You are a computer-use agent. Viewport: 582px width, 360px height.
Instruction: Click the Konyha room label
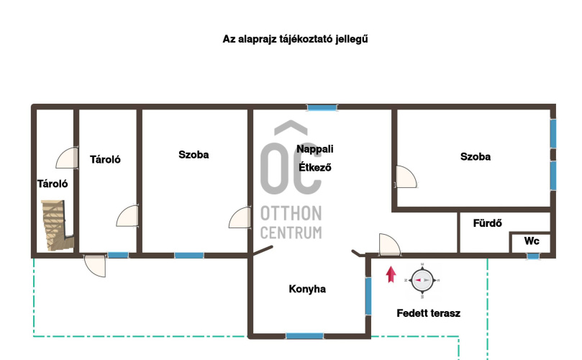[x=307, y=289]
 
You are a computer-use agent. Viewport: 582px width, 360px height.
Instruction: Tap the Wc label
[x=532, y=241]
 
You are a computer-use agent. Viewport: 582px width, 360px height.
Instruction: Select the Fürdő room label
[x=487, y=223]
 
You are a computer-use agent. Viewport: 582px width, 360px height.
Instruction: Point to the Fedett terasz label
[x=428, y=313]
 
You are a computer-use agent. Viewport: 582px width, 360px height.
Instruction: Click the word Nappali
[x=315, y=149]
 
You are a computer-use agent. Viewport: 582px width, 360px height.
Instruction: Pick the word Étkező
[x=315, y=168]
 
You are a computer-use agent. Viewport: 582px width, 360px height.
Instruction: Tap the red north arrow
[x=391, y=274]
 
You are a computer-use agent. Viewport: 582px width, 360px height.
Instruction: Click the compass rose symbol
[x=422, y=280]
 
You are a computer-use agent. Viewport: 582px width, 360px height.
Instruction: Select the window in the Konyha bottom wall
[x=304, y=336]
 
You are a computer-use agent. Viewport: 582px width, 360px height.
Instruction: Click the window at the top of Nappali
[x=322, y=108]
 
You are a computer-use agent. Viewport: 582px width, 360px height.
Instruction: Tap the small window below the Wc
[x=533, y=256]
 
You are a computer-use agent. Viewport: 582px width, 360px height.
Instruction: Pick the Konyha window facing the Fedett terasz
[x=368, y=296]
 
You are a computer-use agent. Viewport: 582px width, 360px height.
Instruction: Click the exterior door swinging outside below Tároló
[x=95, y=265]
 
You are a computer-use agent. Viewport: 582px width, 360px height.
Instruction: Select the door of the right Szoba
[x=405, y=177]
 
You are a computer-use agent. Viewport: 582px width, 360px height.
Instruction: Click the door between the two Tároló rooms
[x=67, y=158]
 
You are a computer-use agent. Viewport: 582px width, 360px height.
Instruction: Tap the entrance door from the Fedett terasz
[x=390, y=245]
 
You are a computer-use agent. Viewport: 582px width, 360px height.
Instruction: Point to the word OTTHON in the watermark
[x=291, y=214]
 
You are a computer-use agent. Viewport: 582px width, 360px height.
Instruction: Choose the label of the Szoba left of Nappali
[x=194, y=155]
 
